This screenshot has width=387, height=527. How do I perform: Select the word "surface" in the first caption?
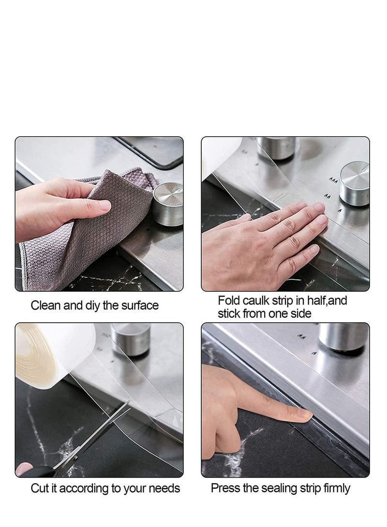click(140, 306)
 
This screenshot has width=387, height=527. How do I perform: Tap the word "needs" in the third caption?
click(165, 488)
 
